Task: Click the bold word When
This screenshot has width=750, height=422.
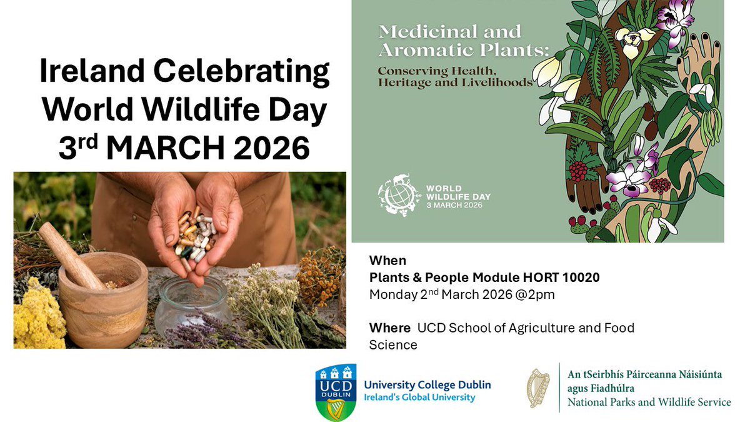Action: coord(387,261)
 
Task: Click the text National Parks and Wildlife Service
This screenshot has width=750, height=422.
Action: coord(649,402)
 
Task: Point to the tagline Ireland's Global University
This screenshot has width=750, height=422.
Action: coord(419,398)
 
